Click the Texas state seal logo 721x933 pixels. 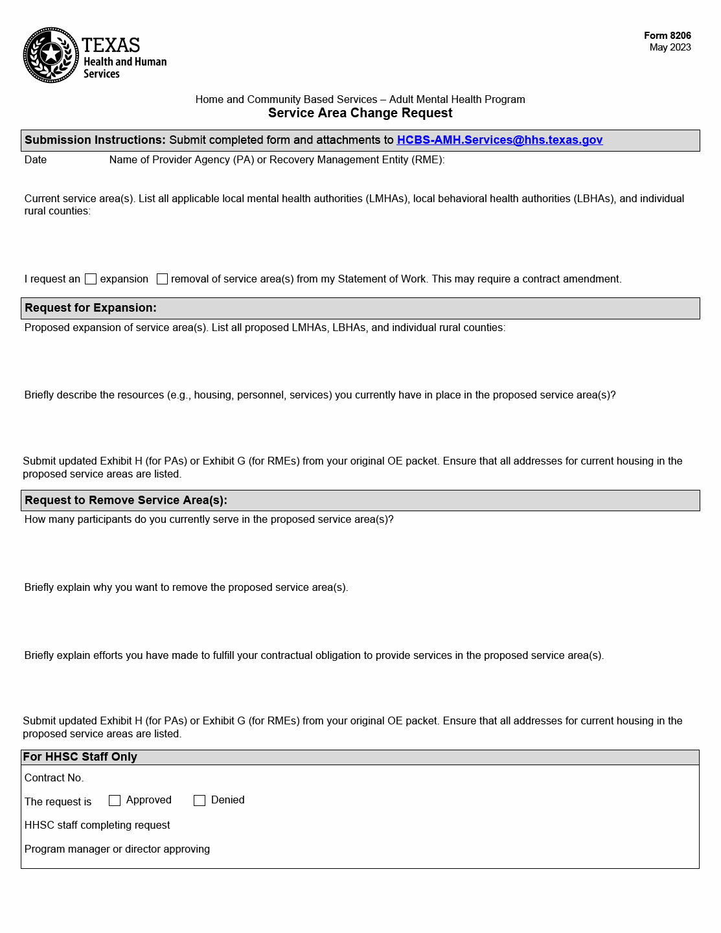click(51, 55)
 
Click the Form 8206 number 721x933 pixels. click(667, 36)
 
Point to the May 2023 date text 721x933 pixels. click(670, 47)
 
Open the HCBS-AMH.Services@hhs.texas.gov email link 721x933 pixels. click(499, 140)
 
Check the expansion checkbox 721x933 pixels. click(91, 279)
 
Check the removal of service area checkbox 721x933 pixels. click(163, 279)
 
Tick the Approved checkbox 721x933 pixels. click(115, 801)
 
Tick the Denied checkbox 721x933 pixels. click(200, 801)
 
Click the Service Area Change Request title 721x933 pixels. click(360, 113)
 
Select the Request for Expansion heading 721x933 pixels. click(91, 308)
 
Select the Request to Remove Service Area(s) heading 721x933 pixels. click(126, 500)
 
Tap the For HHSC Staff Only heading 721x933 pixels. click(80, 757)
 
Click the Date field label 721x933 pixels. click(36, 160)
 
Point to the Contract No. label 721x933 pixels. click(54, 778)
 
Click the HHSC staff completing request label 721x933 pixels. click(97, 825)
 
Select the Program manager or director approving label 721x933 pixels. click(117, 849)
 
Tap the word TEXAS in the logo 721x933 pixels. click(111, 45)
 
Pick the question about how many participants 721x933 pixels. click(209, 520)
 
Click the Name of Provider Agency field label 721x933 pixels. click(277, 160)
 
